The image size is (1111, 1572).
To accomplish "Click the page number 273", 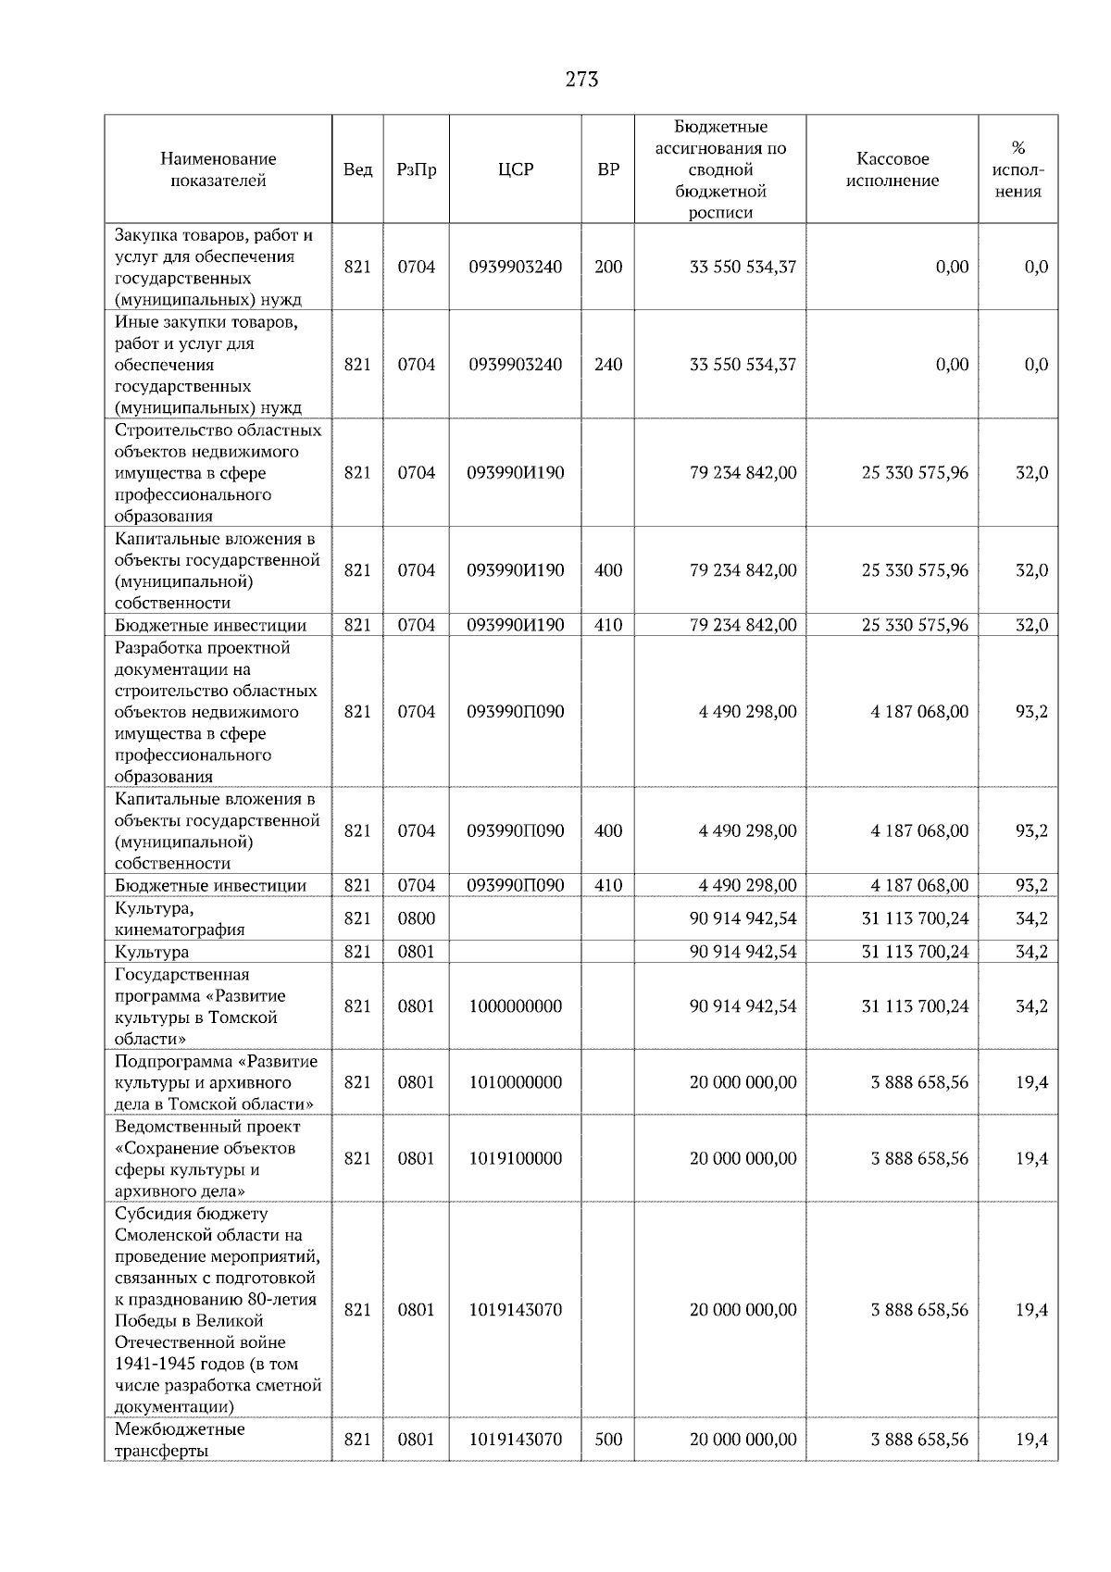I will (x=581, y=80).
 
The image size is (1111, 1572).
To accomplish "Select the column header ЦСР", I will (x=515, y=169).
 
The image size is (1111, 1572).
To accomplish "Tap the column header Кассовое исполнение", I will (x=892, y=169).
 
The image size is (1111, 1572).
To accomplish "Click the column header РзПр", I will (x=416, y=169).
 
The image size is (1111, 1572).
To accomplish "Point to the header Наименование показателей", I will (x=218, y=169).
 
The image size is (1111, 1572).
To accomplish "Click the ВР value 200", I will (x=608, y=267).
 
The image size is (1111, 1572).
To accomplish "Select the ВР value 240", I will (x=608, y=364).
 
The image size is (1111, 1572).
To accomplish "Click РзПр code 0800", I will (x=416, y=918).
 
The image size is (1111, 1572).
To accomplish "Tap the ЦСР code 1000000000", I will (x=515, y=1006).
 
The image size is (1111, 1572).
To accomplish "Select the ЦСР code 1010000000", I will (x=515, y=1082).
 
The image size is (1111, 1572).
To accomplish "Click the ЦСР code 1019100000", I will (x=515, y=1158).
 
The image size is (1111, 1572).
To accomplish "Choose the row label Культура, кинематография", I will (x=180, y=918).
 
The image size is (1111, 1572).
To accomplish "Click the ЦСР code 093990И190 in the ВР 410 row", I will (x=515, y=625).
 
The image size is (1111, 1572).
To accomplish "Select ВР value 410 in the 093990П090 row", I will (x=608, y=885).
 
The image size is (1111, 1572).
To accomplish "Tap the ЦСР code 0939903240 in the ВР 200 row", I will (x=515, y=267).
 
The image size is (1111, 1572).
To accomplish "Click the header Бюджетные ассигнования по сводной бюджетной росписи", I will (x=720, y=169).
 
